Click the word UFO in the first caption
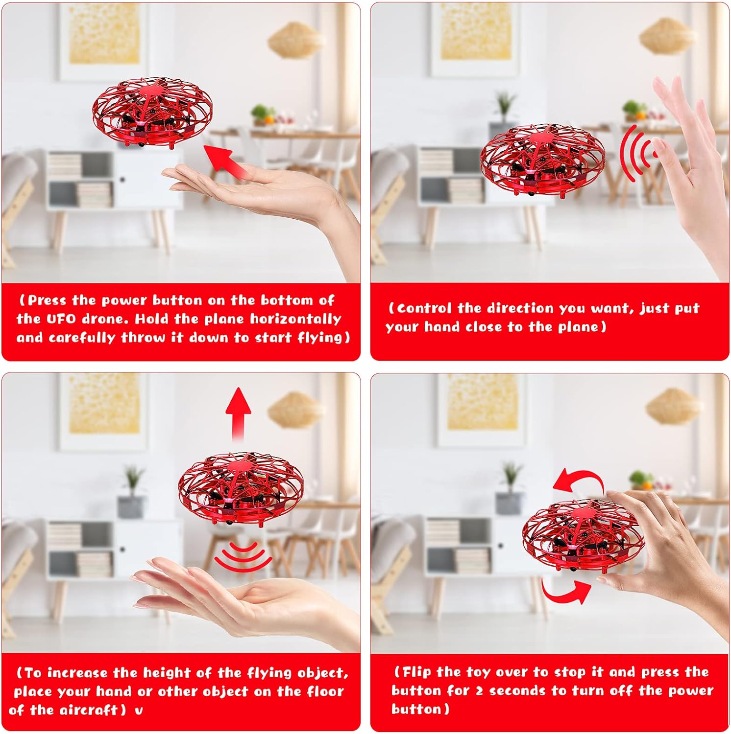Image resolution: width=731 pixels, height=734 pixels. pyautogui.click(x=61, y=319)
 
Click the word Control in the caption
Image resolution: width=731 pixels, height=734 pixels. pyautogui.click(x=424, y=308)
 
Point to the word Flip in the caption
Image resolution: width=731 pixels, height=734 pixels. pyautogui.click(x=416, y=672)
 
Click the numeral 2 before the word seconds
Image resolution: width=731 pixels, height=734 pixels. pyautogui.click(x=479, y=691)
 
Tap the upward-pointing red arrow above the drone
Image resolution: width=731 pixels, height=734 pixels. pyautogui.click(x=238, y=413)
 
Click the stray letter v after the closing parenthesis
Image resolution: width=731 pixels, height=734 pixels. pyautogui.click(x=139, y=711)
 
